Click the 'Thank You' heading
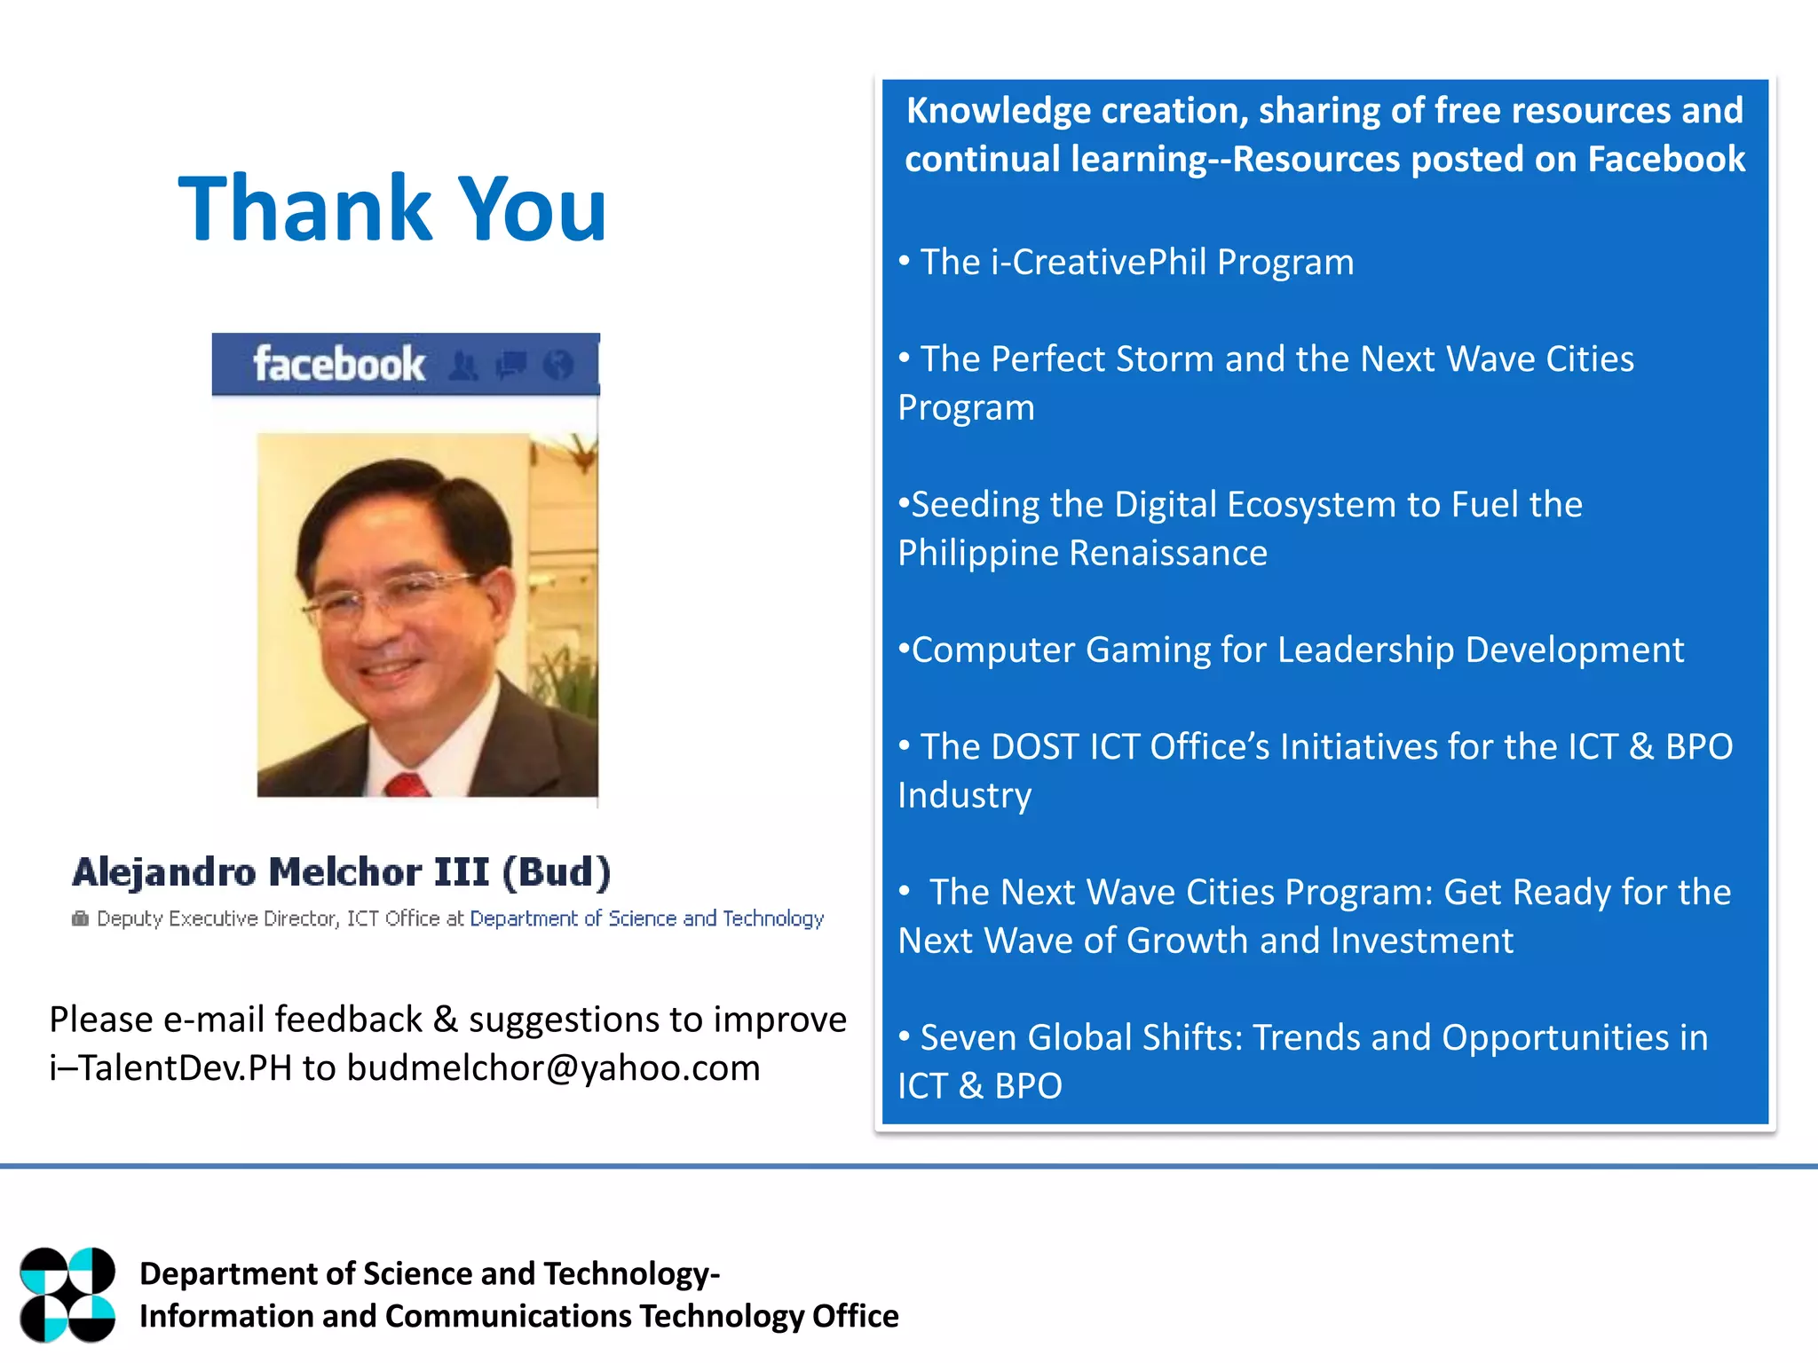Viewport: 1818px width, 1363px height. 392,209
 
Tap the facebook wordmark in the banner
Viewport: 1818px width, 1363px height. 338,364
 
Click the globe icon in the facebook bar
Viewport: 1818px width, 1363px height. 558,364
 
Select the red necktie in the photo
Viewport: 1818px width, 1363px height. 407,784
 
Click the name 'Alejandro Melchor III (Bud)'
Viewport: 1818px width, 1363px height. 342,872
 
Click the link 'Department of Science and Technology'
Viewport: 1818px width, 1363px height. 646,918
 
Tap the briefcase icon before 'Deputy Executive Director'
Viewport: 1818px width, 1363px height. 80,918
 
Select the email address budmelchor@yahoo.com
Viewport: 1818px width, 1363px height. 553,1068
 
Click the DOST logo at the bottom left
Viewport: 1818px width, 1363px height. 67,1295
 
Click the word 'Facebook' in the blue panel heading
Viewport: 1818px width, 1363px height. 1666,160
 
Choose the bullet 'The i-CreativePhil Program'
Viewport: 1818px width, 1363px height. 1136,262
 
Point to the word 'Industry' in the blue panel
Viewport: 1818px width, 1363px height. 965,795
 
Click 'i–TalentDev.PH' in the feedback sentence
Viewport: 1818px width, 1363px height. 170,1068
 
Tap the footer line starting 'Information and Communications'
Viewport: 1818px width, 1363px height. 518,1316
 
